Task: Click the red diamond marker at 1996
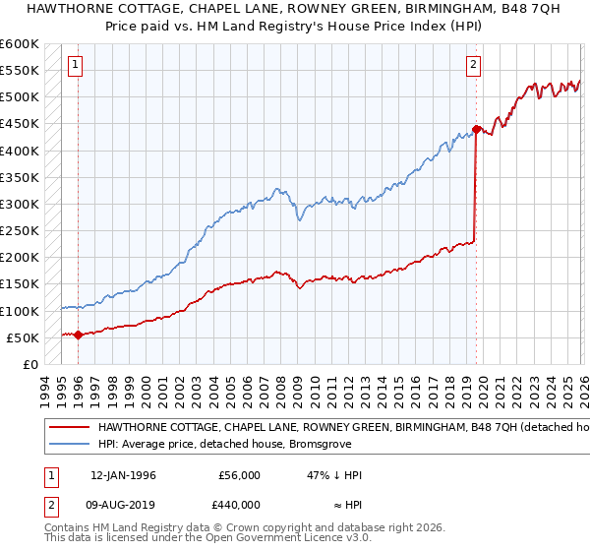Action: pyautogui.click(x=78, y=335)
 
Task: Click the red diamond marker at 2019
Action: pyautogui.click(x=476, y=129)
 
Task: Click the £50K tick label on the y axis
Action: pyautogui.click(x=23, y=337)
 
